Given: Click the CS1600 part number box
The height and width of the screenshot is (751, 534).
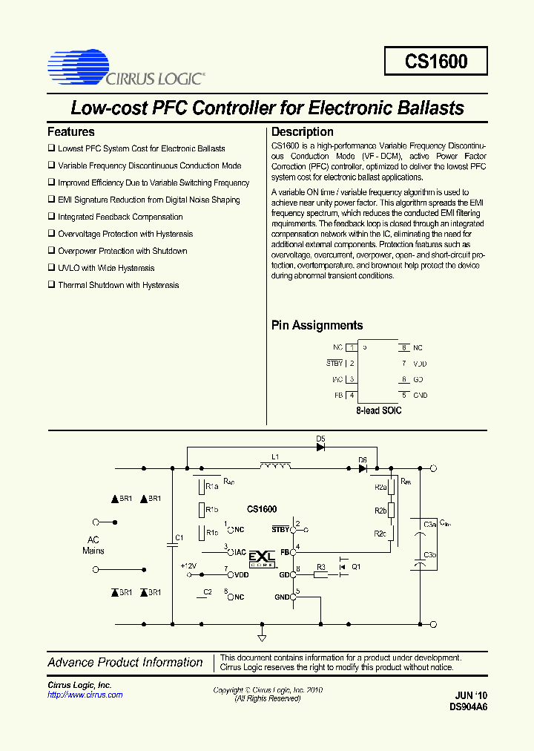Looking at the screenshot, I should click(436, 61).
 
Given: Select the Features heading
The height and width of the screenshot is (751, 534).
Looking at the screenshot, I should click(71, 132).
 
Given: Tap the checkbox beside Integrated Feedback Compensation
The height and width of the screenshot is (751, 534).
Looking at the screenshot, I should click(52, 217).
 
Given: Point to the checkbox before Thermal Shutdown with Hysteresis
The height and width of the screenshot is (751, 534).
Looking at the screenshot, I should click(52, 285).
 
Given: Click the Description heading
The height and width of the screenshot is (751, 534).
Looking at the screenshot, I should click(303, 132).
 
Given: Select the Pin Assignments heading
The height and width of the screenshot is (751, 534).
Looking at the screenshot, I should click(317, 325).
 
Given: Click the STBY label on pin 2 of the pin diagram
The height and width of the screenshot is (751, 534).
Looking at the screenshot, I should click(334, 363).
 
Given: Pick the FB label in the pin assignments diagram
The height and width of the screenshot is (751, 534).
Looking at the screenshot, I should click(338, 396).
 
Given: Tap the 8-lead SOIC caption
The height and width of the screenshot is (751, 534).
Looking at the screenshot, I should click(378, 410).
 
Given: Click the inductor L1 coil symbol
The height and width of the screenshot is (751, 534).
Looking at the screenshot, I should click(275, 466).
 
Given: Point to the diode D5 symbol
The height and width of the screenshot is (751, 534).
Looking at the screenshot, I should click(321, 448).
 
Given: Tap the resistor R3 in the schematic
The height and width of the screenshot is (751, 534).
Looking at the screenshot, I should click(320, 575).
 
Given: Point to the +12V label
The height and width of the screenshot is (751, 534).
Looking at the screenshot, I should click(189, 565).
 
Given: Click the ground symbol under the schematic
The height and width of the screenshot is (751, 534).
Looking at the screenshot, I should click(262, 637).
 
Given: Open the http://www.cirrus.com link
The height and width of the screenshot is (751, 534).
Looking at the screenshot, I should click(85, 695).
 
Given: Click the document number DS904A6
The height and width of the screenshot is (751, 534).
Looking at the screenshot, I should click(468, 707).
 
